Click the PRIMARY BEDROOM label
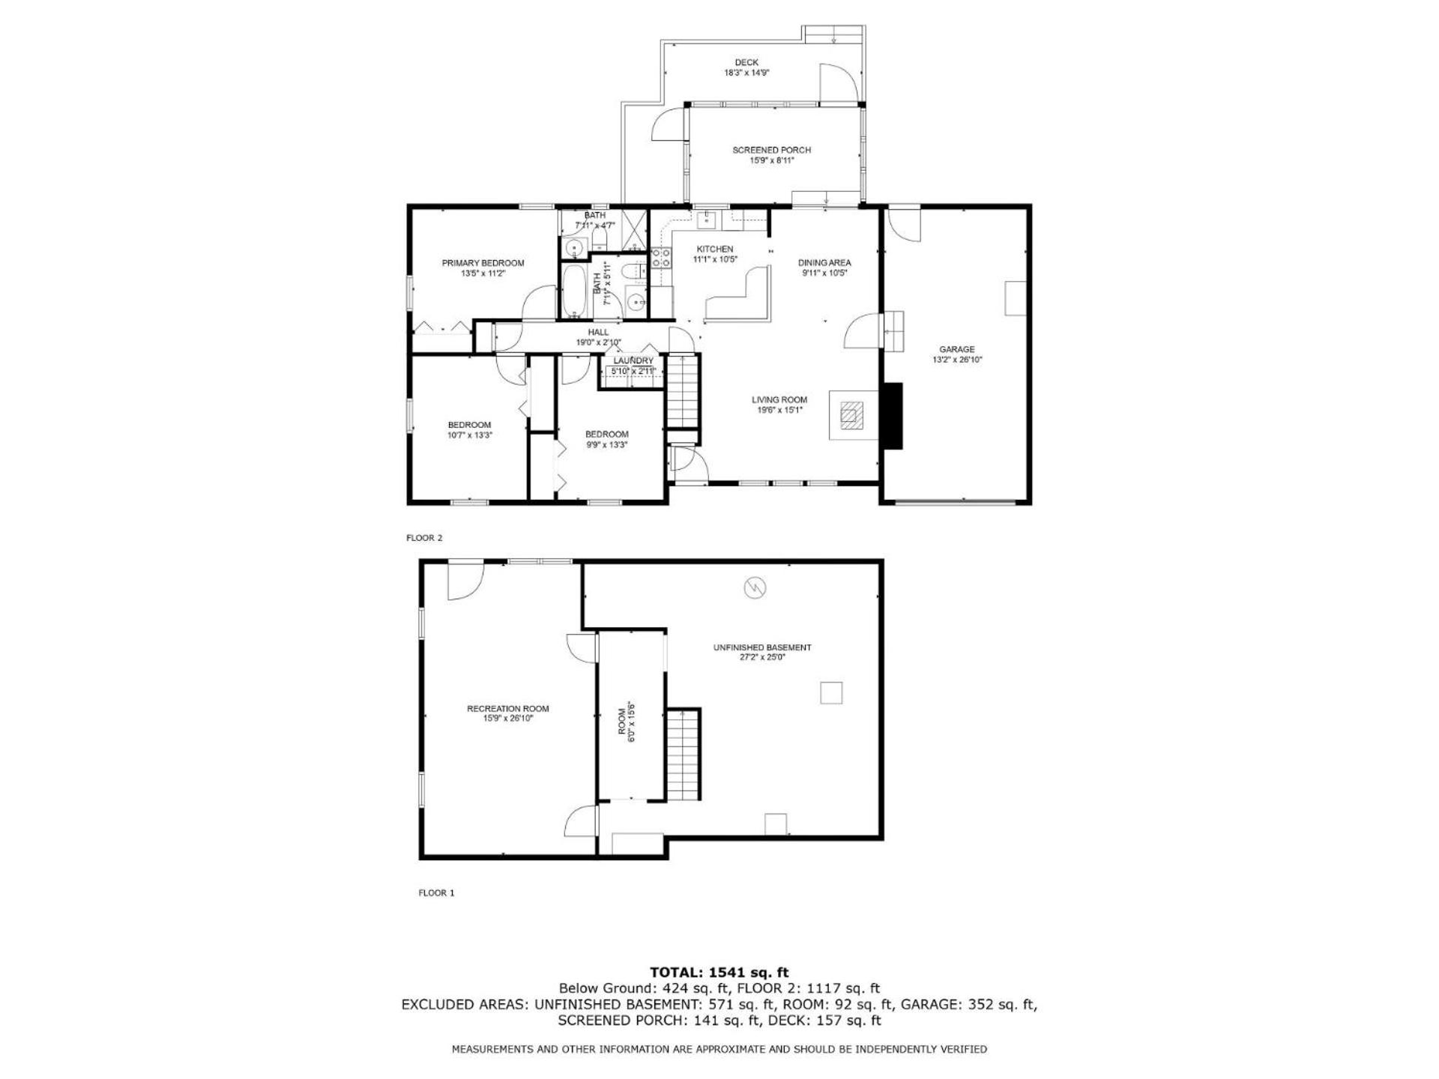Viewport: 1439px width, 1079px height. (483, 263)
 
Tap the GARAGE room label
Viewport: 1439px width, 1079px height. (957, 349)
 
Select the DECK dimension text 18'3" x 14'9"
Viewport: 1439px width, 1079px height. (746, 73)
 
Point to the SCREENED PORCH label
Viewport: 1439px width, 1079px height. (771, 150)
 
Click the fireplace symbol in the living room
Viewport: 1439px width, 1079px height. (851, 414)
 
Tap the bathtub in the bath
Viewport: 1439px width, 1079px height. (575, 291)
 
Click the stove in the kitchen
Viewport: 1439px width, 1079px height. (661, 258)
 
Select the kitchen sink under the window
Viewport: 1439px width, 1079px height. (707, 220)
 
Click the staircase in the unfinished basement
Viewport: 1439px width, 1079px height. (684, 754)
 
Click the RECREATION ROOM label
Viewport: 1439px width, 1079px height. (508, 709)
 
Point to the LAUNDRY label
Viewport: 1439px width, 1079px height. (633, 360)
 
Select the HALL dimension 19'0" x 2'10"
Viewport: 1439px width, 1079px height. (598, 342)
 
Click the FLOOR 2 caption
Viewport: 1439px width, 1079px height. (425, 538)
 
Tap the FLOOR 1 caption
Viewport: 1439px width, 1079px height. (436, 892)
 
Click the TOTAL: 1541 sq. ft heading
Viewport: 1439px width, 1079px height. (719, 973)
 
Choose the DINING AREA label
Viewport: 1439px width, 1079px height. (824, 263)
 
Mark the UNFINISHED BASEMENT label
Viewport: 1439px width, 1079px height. (762, 647)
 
